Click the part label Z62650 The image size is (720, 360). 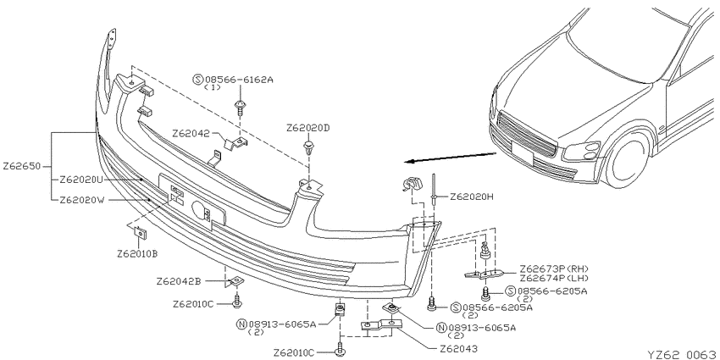(22, 166)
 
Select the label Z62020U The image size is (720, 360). (81, 180)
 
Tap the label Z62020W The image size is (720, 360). (81, 200)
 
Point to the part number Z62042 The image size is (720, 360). (191, 134)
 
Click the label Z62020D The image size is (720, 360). (308, 128)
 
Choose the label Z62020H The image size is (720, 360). (472, 197)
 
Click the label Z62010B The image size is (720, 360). (137, 253)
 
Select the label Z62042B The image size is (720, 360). (179, 281)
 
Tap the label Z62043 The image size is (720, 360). (458, 349)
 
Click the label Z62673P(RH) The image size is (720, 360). (554, 269)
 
